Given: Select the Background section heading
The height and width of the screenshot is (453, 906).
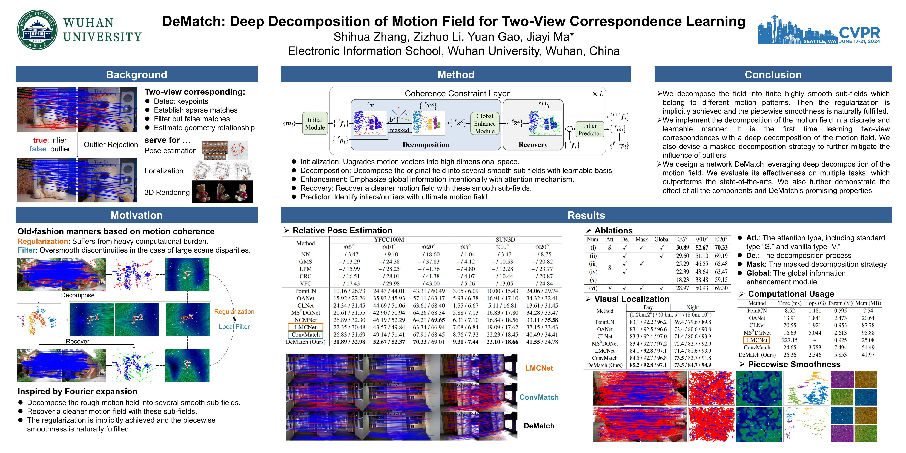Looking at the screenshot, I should coord(136,74).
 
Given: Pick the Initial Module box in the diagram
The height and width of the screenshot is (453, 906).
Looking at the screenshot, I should coord(315,124).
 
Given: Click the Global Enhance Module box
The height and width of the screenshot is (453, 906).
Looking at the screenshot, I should coord(485,124).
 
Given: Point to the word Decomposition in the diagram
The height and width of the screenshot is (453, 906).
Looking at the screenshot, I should coord(426,145).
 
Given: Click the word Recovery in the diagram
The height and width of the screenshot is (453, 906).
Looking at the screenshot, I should coord(533,145).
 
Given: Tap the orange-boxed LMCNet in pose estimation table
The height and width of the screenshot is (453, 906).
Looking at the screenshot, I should coord(305,327).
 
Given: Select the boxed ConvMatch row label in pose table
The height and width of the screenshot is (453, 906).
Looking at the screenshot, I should coord(305,334).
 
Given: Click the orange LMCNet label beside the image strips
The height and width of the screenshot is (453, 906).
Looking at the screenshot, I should coord(539,368).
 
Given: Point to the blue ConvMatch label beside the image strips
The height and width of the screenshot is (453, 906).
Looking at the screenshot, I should coord(539,397).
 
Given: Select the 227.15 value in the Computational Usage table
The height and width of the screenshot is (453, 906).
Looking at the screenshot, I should coord(790,340).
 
